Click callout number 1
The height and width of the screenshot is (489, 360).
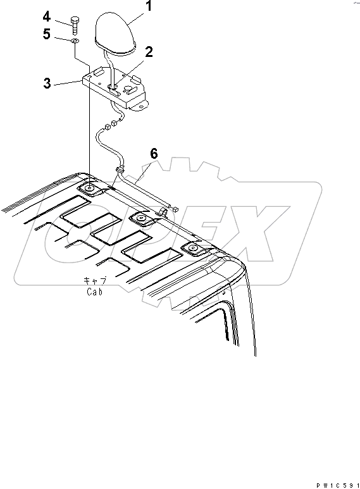click(x=149, y=6)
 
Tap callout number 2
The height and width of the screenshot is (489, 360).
click(x=149, y=52)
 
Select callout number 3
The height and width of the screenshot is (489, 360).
click(x=47, y=84)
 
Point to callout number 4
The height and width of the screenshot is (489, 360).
click(x=46, y=16)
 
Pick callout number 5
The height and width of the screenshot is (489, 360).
click(x=46, y=34)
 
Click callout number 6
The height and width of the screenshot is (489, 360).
click(x=154, y=154)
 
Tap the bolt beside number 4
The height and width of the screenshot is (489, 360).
click(x=75, y=26)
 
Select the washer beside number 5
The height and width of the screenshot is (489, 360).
click(x=75, y=41)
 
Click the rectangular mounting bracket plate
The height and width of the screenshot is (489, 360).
click(x=115, y=89)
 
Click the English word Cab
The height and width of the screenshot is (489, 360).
click(x=94, y=292)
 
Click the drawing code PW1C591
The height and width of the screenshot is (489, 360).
click(x=338, y=485)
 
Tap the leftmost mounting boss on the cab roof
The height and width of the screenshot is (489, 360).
click(x=90, y=189)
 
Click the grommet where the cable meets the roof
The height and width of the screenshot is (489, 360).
click(x=120, y=170)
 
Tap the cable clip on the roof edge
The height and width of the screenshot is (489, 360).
click(x=163, y=211)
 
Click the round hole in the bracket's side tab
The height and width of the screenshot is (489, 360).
click(x=142, y=107)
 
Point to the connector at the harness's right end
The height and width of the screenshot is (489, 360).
click(x=175, y=209)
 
